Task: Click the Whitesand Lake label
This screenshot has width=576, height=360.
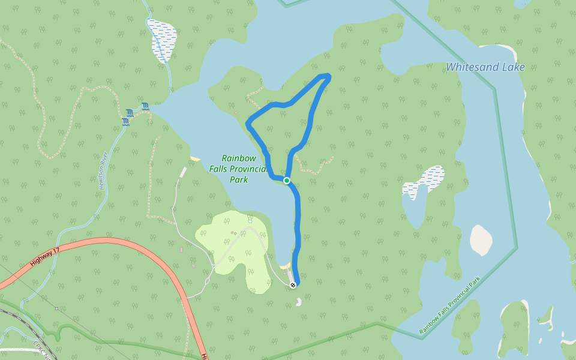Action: [x=485, y=67]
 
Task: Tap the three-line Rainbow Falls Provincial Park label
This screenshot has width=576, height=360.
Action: [x=238, y=169]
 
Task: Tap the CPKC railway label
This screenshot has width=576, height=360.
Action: [x=46, y=351]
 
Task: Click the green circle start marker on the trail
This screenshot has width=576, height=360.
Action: [x=287, y=181]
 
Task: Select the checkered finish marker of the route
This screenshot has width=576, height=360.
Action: [x=292, y=285]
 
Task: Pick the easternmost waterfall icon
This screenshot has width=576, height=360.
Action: [x=145, y=107]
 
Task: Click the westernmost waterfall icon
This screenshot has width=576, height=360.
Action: [x=125, y=122]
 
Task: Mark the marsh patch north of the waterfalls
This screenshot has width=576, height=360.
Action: [x=163, y=40]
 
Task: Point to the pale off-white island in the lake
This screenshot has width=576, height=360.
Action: [x=481, y=240]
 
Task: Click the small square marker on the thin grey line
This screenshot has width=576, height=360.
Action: [x=56, y=309]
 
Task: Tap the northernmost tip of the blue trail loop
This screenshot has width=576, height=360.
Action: [x=326, y=75]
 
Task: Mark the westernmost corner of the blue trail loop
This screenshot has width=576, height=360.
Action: [x=248, y=124]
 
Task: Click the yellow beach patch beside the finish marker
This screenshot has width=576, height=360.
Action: [x=285, y=266]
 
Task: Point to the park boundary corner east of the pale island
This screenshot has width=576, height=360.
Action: [x=516, y=247]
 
